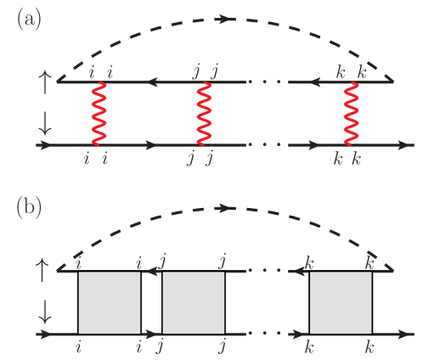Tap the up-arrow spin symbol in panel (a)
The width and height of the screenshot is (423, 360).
(45, 82)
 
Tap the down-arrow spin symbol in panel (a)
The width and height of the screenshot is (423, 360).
(45, 124)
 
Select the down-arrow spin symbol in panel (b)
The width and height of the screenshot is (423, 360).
(45, 314)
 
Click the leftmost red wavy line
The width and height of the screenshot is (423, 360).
(99, 113)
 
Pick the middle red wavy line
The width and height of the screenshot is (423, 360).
(203, 113)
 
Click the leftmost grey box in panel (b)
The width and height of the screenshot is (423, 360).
(110, 303)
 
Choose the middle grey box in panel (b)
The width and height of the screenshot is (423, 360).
(194, 303)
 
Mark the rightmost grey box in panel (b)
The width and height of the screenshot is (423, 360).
(341, 303)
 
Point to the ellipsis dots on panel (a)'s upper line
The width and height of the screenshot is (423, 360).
(268, 82)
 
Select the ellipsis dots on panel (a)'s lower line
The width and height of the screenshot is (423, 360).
(268, 145)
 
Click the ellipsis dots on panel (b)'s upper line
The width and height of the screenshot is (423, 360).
(268, 272)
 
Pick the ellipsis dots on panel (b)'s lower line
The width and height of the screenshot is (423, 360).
(268, 335)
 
